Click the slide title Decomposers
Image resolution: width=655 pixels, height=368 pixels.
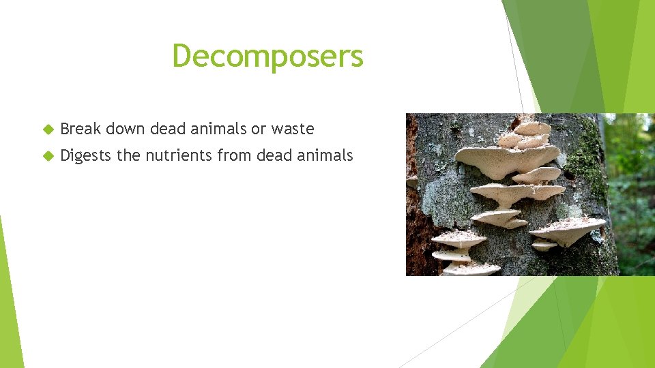(267, 56)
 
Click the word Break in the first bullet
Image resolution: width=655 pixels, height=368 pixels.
(81, 128)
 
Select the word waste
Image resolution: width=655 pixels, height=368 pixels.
(292, 128)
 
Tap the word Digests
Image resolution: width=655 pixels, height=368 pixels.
(85, 155)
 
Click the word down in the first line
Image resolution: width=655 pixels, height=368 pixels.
(125, 128)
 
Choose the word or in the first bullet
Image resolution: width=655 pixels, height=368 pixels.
(259, 128)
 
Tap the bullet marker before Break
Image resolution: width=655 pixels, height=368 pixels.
(47, 129)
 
